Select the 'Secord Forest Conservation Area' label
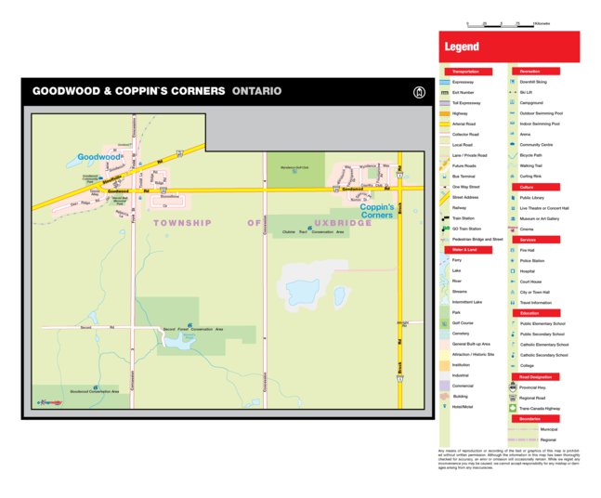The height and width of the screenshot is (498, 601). click(x=193, y=329)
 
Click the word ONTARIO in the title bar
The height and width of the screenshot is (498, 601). click(x=257, y=91)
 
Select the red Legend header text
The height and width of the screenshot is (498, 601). click(x=462, y=46)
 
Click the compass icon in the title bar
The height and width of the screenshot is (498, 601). click(x=419, y=91)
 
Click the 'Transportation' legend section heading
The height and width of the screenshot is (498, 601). click(x=466, y=72)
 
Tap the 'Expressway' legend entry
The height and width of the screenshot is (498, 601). click(x=464, y=82)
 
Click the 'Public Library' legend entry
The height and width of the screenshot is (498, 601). click(x=532, y=197)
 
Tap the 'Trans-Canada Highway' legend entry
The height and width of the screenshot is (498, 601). click(x=541, y=408)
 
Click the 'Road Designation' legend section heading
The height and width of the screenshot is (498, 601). click(x=536, y=377)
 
